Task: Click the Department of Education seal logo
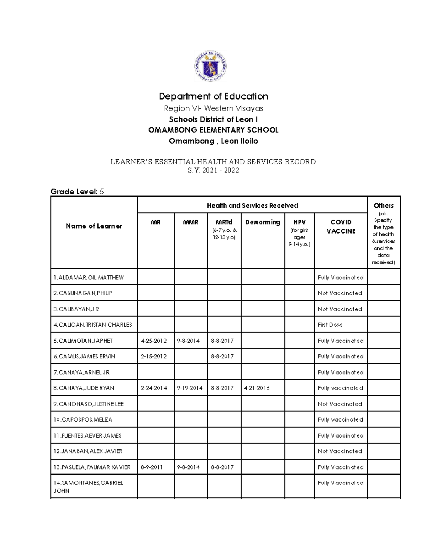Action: (x=210, y=66)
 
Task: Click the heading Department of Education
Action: (x=213, y=96)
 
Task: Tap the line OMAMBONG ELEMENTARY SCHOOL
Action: (x=213, y=130)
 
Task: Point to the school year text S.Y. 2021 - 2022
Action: (x=213, y=170)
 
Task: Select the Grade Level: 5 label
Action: (x=77, y=192)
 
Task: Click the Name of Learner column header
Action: (x=94, y=226)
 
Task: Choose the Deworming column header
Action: (x=263, y=222)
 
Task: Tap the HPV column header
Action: (x=299, y=222)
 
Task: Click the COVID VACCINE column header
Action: (x=341, y=226)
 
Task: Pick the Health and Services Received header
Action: (x=252, y=205)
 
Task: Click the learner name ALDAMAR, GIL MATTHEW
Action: (x=89, y=278)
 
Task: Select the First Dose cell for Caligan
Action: (x=330, y=325)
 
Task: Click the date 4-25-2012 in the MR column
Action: (x=154, y=341)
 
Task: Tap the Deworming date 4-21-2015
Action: (x=257, y=388)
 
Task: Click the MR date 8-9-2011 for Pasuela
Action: (x=152, y=467)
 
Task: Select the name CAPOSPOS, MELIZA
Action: (x=83, y=419)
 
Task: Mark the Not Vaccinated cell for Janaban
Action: (x=340, y=451)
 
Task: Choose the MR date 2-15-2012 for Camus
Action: (x=154, y=356)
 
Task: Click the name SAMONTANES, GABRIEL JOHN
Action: (x=88, y=487)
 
